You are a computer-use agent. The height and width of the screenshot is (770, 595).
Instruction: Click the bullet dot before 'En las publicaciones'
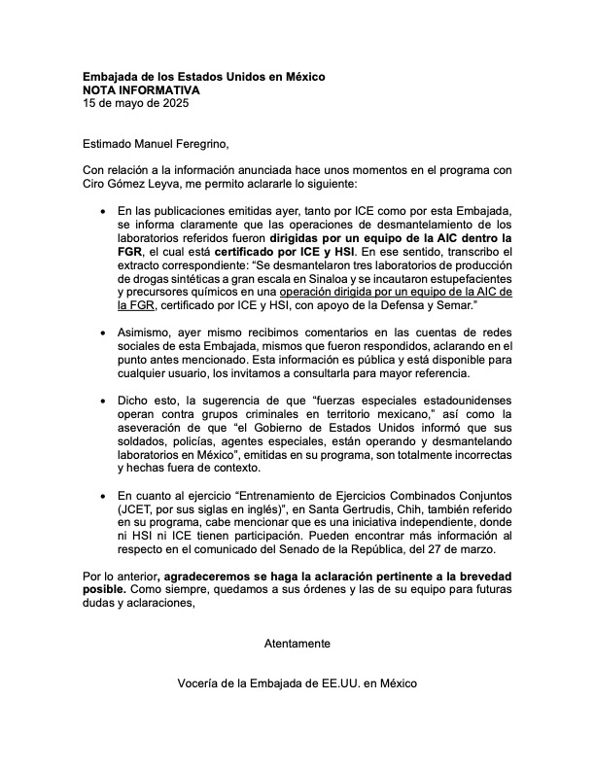coord(104,210)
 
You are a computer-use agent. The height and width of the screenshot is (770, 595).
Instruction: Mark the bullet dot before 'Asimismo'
coord(104,332)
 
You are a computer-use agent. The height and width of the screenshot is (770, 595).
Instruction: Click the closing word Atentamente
coord(297,643)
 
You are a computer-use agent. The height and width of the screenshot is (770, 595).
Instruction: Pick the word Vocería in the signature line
coord(199,683)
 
